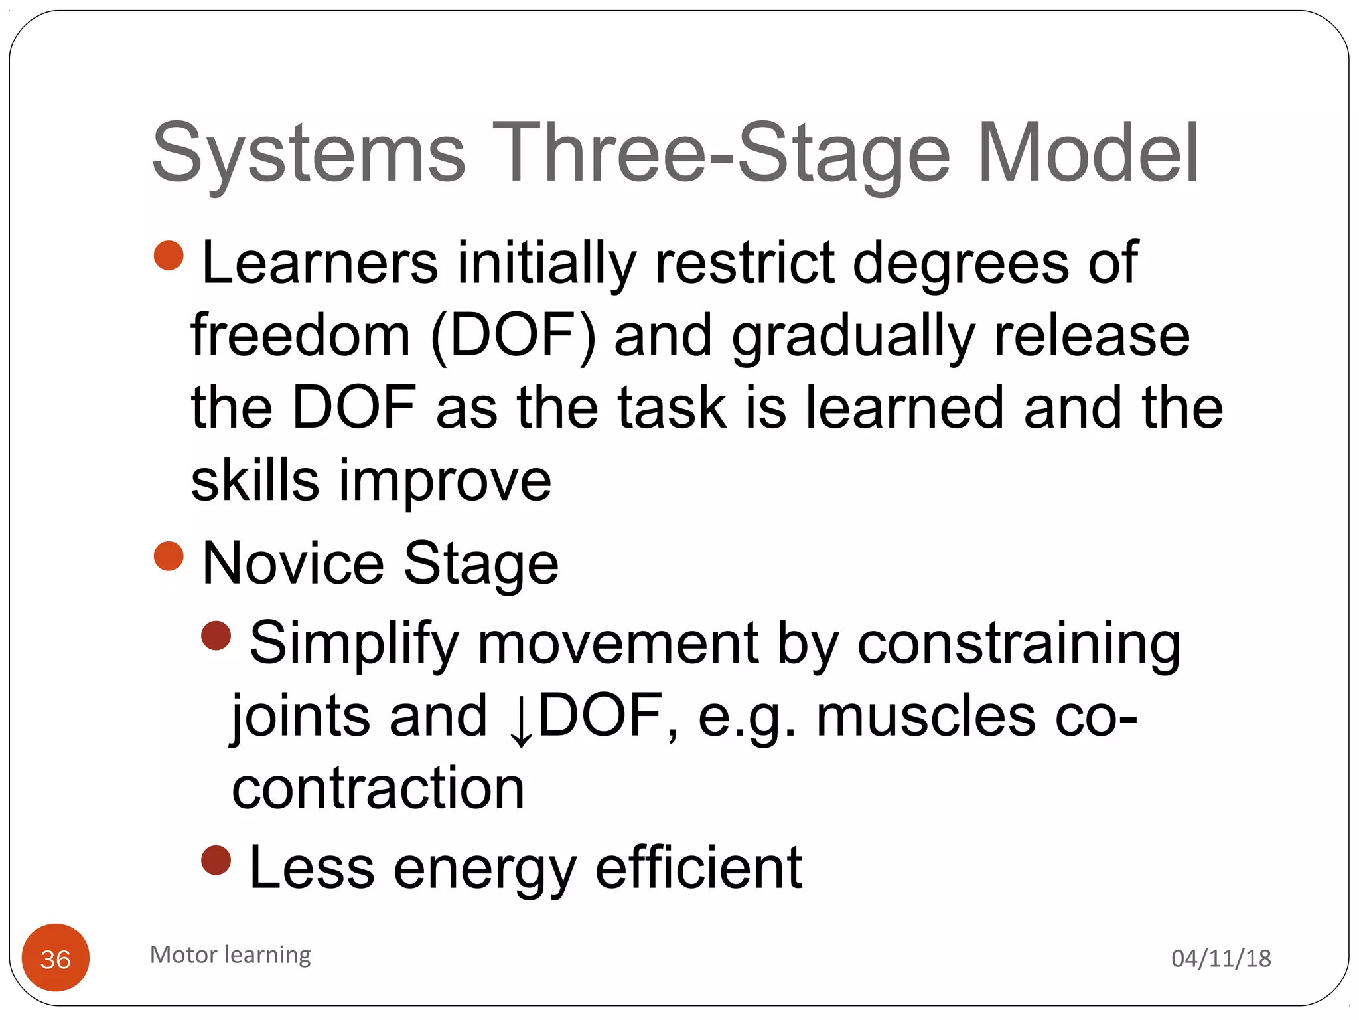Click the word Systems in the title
(309, 154)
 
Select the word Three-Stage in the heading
(721, 154)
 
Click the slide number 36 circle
(56, 958)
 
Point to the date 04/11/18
(1221, 958)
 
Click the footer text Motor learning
(230, 954)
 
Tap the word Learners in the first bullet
(319, 263)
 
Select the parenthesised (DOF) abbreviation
(513, 336)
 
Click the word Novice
(293, 564)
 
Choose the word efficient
(699, 867)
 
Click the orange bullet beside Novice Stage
(169, 556)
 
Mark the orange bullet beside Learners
(169, 256)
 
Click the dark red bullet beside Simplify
(216, 636)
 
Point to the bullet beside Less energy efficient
(216, 861)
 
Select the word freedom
(300, 336)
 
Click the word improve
(445, 481)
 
